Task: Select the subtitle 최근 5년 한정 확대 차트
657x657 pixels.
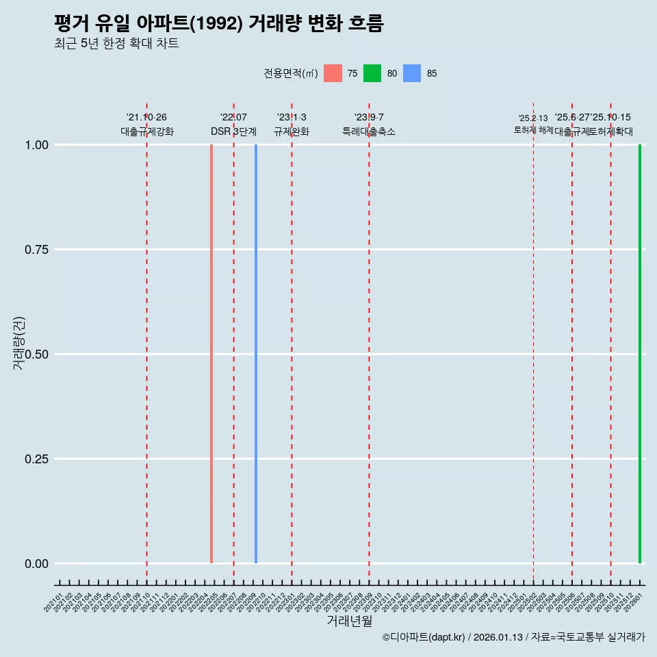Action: click(116, 44)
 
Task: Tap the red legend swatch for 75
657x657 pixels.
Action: click(333, 73)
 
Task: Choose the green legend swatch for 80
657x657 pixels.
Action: click(372, 73)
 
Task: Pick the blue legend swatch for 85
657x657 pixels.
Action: click(411, 73)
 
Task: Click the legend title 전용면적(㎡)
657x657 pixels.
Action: click(290, 73)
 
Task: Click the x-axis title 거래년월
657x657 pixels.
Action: click(349, 621)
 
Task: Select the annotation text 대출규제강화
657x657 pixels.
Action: click(147, 131)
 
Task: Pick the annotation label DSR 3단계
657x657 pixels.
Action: click(233, 131)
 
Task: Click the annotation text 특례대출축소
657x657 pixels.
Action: click(369, 131)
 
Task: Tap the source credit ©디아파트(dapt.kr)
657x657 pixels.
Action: click(424, 637)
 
